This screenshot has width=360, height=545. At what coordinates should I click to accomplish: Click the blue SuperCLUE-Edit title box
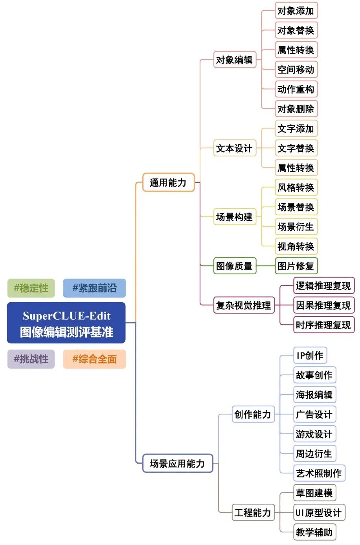click(x=66, y=323)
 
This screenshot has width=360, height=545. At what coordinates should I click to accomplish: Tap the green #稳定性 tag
click(x=31, y=288)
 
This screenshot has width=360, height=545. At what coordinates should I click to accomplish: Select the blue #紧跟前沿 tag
click(x=94, y=288)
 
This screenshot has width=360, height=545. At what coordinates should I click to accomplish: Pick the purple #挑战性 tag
click(x=31, y=359)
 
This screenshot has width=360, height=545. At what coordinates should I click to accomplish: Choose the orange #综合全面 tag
click(x=94, y=359)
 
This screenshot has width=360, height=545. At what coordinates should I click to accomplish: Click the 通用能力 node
click(x=168, y=182)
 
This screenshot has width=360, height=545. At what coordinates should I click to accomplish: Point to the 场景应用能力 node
click(x=177, y=464)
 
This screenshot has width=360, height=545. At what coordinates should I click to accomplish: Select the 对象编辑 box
click(x=235, y=60)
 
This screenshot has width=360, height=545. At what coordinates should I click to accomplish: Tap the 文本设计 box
click(x=235, y=148)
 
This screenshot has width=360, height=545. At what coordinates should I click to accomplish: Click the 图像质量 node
click(x=235, y=266)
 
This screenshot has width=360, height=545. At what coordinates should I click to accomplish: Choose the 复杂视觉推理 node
click(x=244, y=305)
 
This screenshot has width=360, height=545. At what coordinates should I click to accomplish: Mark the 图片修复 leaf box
click(x=296, y=266)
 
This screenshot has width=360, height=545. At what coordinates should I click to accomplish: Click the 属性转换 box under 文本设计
click(x=296, y=168)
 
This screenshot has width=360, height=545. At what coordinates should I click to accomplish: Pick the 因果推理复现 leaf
click(x=323, y=305)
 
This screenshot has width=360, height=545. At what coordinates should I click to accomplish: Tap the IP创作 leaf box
click(x=310, y=356)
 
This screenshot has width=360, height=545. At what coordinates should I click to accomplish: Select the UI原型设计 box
click(x=319, y=512)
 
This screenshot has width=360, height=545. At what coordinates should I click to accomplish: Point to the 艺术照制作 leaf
click(x=319, y=473)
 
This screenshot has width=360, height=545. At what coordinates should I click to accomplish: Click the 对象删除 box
click(x=296, y=109)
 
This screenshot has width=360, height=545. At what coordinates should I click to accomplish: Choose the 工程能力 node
click(x=253, y=512)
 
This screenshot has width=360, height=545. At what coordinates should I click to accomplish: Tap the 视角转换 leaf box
click(x=296, y=246)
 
